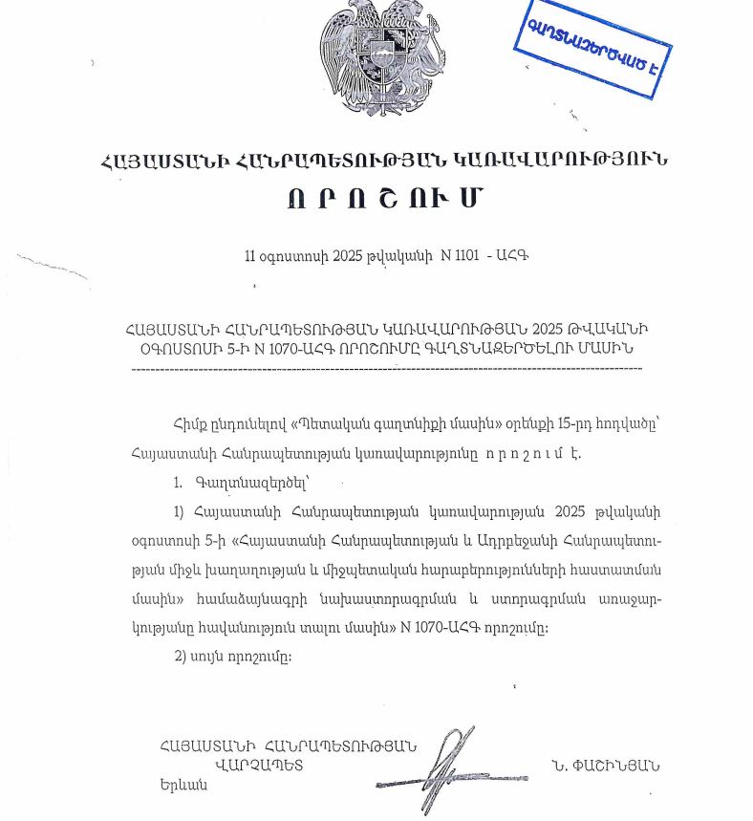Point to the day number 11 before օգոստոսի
[x=251, y=256]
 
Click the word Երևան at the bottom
[x=183, y=785]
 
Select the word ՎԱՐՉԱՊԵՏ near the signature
[x=259, y=766]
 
